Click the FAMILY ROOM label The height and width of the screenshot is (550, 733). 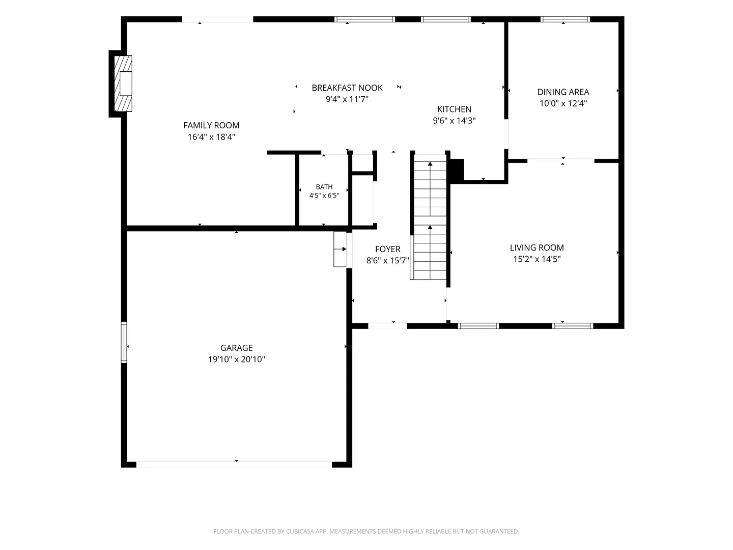[211, 125]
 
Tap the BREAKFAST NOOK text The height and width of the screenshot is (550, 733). [347, 88]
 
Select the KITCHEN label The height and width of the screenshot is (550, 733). [454, 109]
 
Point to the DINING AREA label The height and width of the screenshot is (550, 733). [563, 92]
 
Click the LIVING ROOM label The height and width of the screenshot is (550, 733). [537, 248]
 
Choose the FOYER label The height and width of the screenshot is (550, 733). [387, 249]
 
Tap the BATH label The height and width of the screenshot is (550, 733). [324, 187]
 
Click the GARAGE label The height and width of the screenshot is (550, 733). [236, 348]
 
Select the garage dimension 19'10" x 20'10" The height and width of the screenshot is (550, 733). [236, 360]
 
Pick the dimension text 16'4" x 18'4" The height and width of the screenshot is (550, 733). [211, 136]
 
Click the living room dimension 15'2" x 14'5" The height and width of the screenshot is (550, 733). [537, 259]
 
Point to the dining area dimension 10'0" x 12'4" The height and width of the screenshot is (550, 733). [563, 103]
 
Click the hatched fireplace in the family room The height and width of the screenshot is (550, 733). [123, 84]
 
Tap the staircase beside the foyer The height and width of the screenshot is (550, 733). [430, 217]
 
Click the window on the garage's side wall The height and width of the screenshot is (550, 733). [124, 342]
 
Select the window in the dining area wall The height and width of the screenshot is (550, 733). [565, 19]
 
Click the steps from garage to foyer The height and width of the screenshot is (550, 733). [340, 249]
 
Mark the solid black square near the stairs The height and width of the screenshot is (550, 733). [457, 170]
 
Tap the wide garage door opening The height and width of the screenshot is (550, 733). [234, 464]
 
